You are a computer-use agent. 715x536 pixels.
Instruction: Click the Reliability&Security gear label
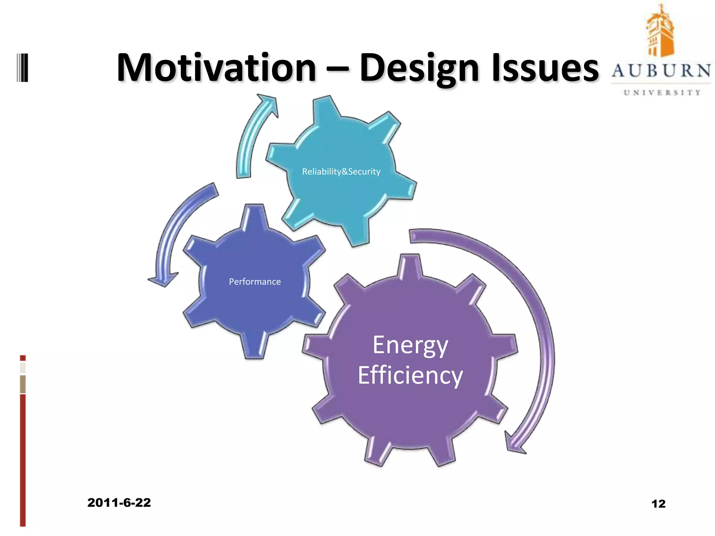coord(341,172)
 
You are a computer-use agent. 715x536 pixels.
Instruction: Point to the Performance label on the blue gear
coord(255,282)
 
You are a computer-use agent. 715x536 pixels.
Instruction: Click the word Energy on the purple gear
coord(410,345)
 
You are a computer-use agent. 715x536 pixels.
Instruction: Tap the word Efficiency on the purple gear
coord(410,375)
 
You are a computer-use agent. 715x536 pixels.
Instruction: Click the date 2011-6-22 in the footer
coord(119,502)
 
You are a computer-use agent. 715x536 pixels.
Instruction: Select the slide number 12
coord(658,504)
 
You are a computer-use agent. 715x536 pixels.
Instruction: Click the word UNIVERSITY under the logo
coord(662,92)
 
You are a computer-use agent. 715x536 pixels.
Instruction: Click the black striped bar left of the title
coord(22,68)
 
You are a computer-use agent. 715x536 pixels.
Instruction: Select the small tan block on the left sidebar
coord(23,384)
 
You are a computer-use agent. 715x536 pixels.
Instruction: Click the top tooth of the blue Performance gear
coord(255,216)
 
